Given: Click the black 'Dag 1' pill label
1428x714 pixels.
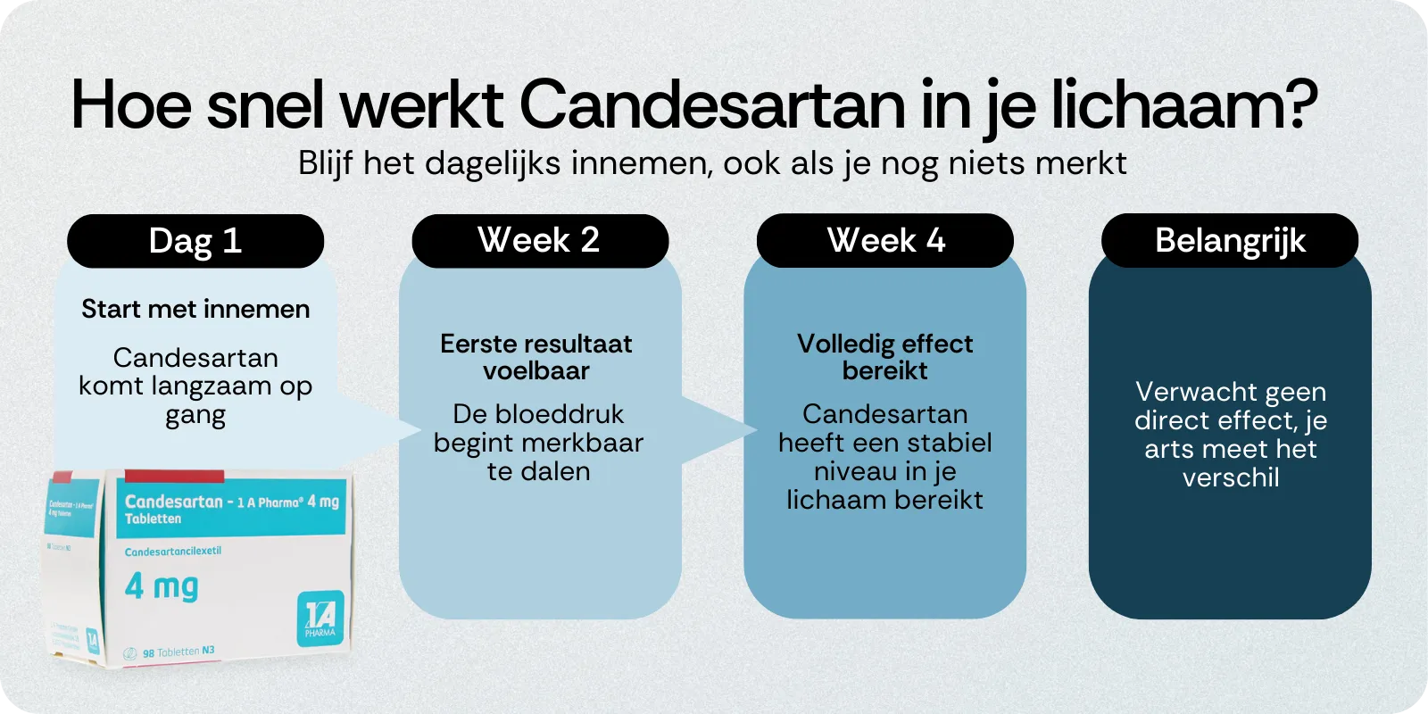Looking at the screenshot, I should [x=195, y=241].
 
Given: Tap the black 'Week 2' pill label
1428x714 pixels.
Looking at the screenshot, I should [x=539, y=240].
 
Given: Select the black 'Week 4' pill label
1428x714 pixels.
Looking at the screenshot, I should [x=885, y=240].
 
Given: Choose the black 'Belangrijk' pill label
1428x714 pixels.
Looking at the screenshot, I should [x=1230, y=240].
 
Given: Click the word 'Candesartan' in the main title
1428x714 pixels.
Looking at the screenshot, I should [x=712, y=105].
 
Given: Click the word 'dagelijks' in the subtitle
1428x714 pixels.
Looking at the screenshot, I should [x=493, y=163].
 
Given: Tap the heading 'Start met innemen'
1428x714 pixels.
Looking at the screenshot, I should [x=195, y=309].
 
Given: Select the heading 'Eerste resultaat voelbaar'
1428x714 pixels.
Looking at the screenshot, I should [x=536, y=357].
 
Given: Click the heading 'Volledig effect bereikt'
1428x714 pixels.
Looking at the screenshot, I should [x=884, y=357].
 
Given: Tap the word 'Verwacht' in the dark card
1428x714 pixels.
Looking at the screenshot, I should [x=1183, y=392].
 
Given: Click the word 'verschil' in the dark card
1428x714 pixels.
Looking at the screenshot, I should [x=1231, y=477].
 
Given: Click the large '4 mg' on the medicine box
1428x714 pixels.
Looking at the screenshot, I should [x=162, y=586].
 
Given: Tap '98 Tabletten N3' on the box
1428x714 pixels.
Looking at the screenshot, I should [x=178, y=652].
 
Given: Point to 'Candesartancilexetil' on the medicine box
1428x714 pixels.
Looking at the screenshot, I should [x=173, y=552].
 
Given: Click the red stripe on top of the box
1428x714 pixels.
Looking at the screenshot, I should [x=174, y=477].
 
